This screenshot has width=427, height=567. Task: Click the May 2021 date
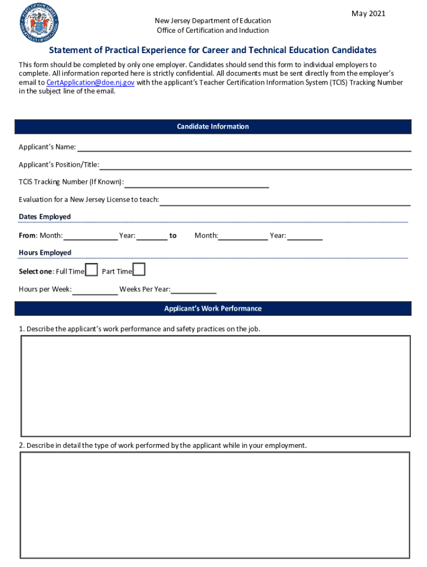368,13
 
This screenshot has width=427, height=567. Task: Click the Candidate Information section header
213,127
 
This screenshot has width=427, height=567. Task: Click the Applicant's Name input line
244,147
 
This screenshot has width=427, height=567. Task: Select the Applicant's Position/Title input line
255,165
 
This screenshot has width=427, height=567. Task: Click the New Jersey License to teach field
285,200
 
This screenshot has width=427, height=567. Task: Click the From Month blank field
90,236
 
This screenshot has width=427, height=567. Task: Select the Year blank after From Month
152,236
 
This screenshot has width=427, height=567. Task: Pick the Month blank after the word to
243,236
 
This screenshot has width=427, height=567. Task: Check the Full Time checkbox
91,270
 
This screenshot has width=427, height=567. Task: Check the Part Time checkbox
139,270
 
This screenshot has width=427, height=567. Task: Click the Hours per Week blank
95,290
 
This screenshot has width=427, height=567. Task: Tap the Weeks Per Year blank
194,290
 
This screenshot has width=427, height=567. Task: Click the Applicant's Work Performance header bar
213,308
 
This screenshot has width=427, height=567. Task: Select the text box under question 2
215,505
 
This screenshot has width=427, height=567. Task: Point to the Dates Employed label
45,217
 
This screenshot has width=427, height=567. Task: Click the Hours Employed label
45,252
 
